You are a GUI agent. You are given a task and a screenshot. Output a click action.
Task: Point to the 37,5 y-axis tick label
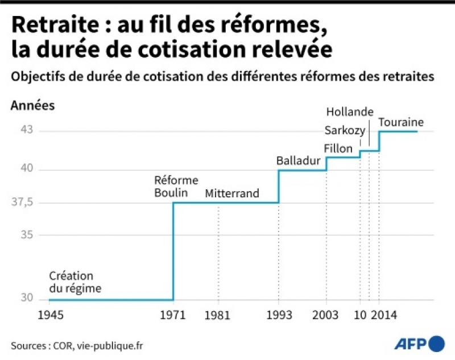(24, 202)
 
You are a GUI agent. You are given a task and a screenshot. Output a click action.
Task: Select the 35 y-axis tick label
(27, 235)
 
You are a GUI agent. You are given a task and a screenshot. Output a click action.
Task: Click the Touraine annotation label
(401, 122)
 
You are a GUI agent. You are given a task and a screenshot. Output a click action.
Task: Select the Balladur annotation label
(298, 161)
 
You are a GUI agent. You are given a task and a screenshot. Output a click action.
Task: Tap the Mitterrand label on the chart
(232, 193)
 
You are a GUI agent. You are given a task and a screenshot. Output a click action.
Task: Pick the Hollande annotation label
(350, 111)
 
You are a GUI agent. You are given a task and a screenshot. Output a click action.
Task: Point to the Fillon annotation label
(338, 148)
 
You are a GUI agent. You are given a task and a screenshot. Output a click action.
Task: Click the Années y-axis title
(33, 105)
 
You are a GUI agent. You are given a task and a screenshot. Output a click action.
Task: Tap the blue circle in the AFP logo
(437, 344)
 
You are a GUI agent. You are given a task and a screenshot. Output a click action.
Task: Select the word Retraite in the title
(46, 26)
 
